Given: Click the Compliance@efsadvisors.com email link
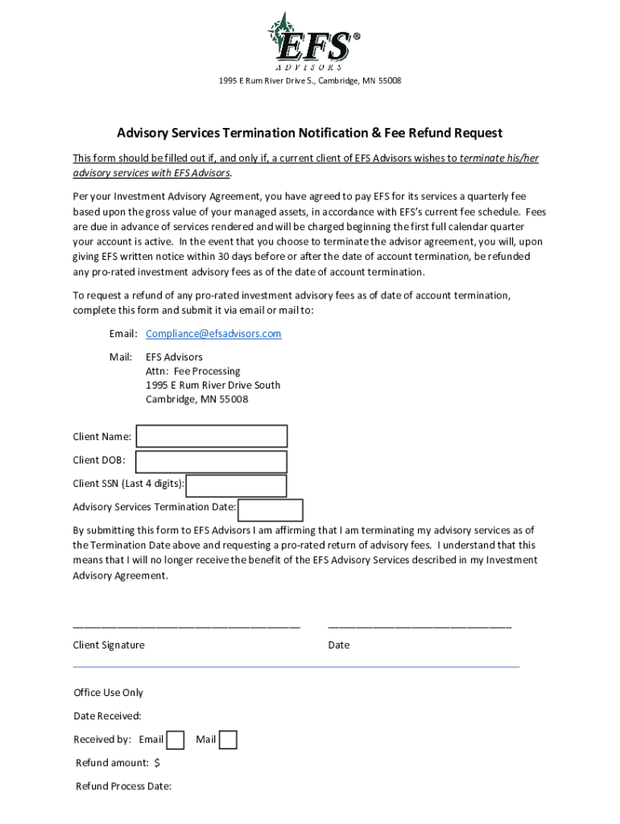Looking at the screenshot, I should [x=213, y=334].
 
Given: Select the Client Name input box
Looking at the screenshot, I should [x=212, y=436].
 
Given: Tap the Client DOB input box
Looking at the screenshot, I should [x=211, y=461].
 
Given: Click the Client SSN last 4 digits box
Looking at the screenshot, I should [x=237, y=485].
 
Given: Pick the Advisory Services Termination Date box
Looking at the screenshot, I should [x=271, y=510].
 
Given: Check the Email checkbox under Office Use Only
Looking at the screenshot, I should [x=176, y=740].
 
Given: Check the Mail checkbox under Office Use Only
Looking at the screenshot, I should [x=229, y=740].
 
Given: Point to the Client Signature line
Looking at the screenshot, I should [x=186, y=625].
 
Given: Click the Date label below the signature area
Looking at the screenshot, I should [x=339, y=645].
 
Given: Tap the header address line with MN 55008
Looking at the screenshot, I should [x=309, y=81].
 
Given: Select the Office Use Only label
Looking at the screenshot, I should [x=108, y=693].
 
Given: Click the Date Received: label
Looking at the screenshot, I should [x=107, y=716].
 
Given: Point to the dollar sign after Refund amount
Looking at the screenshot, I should [x=157, y=763].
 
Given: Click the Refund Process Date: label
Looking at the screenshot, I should [x=123, y=786].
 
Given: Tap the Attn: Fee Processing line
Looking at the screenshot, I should [x=192, y=371].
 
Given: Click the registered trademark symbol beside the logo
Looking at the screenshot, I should [x=357, y=36].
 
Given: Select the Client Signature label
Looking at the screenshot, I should [x=109, y=645].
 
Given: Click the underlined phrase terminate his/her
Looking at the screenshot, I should [x=498, y=159].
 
